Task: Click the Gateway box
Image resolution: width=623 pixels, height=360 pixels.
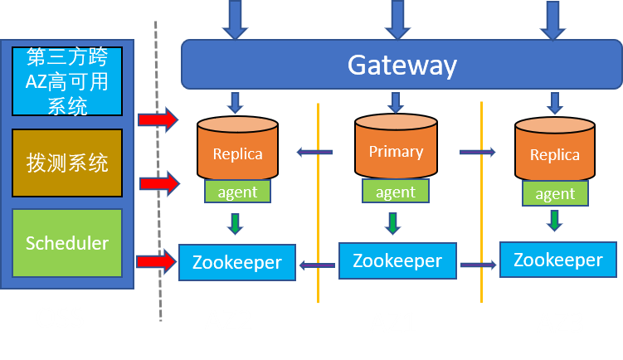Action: pos(402,64)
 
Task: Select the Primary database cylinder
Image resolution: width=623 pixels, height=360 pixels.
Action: pos(396,149)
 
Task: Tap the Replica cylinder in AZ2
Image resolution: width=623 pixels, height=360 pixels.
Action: pos(237,151)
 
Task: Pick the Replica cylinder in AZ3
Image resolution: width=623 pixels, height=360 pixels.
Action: pos(555,153)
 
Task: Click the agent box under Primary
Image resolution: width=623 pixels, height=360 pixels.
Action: pos(395,192)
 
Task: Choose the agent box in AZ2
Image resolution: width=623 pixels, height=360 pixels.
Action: pos(237,192)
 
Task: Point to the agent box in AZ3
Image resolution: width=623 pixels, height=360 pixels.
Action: pos(555,194)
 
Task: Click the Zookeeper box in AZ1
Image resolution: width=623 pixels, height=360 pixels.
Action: pos(397,260)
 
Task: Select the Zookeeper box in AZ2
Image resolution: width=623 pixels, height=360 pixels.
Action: pos(237,263)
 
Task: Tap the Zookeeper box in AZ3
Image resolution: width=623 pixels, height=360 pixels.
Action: pos(557,259)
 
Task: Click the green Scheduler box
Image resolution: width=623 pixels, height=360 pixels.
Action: pos(67,243)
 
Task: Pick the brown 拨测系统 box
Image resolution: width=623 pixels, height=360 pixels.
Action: pos(67,163)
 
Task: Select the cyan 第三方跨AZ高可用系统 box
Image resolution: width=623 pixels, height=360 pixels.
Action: pos(67,81)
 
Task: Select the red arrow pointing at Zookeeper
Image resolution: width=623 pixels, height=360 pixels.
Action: pos(157,262)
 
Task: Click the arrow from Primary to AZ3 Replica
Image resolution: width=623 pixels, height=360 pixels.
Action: pos(478,152)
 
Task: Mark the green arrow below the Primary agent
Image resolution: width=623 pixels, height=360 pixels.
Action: pos(395,223)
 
